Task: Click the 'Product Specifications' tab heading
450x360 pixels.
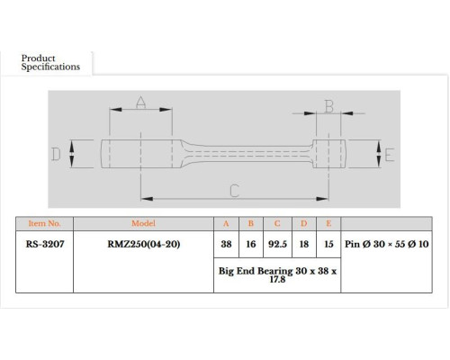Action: click(50, 62)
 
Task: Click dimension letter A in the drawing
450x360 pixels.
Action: click(141, 102)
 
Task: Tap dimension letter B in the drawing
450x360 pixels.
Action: click(329, 106)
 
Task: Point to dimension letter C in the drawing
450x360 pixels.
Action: click(235, 191)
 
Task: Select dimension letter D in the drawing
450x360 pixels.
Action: click(56, 154)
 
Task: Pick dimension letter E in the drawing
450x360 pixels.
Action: click(390, 155)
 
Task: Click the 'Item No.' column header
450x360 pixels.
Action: click(44, 223)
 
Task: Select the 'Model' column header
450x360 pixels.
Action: click(143, 223)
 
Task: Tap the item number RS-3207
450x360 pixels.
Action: click(45, 244)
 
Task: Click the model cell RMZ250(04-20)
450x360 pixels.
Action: click(144, 244)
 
